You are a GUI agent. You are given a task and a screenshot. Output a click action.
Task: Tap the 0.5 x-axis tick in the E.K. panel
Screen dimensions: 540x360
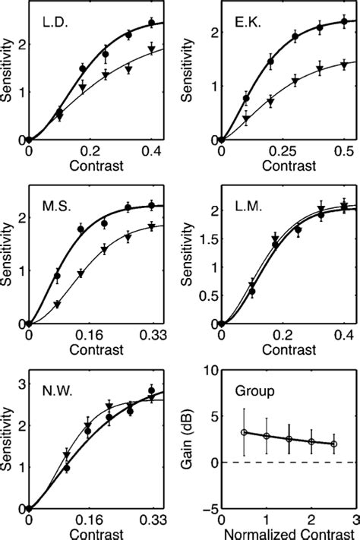[x=346, y=150]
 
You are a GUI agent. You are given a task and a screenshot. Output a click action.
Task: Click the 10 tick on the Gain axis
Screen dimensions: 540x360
[x=209, y=370]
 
